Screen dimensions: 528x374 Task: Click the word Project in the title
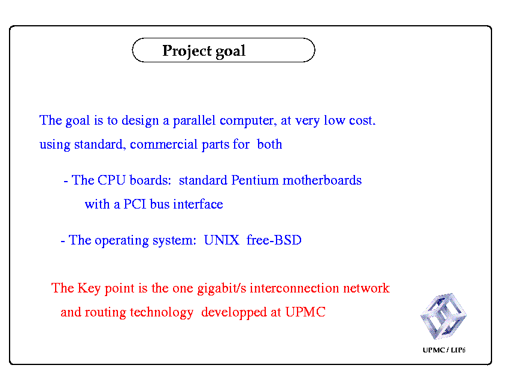[x=187, y=51]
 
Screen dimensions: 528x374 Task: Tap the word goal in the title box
[x=230, y=52]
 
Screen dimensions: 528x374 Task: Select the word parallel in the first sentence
[x=194, y=120]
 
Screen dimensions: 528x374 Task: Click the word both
[x=269, y=144]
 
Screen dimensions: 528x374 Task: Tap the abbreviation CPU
[x=111, y=180]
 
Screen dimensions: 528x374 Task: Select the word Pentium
[x=255, y=180]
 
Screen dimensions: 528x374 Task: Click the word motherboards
[x=322, y=180]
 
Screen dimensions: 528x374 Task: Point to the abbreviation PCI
[x=135, y=204]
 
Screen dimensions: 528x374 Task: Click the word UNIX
[x=221, y=240]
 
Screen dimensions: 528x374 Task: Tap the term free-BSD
[x=274, y=240]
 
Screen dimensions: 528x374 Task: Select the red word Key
[x=89, y=289]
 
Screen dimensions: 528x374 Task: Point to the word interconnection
[x=295, y=288]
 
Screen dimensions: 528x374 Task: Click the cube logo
[x=444, y=316]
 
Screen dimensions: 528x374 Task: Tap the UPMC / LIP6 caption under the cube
[x=444, y=350]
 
